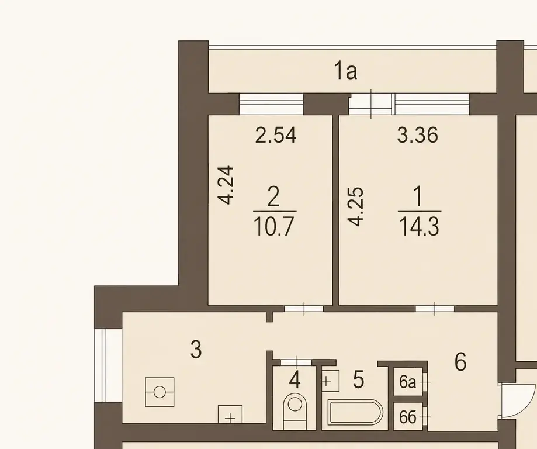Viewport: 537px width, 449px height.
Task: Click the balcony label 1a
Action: click(345, 72)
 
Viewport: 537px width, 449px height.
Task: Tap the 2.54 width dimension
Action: click(276, 135)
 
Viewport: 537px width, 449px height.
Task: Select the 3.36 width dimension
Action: click(417, 135)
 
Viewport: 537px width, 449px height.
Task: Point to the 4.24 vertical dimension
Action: click(226, 185)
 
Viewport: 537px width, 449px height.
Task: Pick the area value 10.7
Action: click(274, 227)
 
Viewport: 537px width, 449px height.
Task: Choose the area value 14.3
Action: click(419, 227)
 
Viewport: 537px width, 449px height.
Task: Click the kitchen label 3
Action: click(196, 350)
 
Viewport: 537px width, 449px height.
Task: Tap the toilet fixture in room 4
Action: click(295, 410)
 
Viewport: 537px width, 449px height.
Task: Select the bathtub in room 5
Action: click(355, 412)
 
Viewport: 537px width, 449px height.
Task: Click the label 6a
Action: click(407, 382)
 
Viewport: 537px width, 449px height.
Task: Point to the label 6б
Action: click(407, 417)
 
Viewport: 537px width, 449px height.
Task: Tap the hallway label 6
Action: click(460, 362)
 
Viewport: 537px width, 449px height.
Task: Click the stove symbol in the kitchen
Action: click(160, 392)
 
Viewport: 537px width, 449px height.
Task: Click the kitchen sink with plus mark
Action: click(230, 415)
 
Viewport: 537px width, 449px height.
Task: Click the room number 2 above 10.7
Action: click(273, 197)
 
